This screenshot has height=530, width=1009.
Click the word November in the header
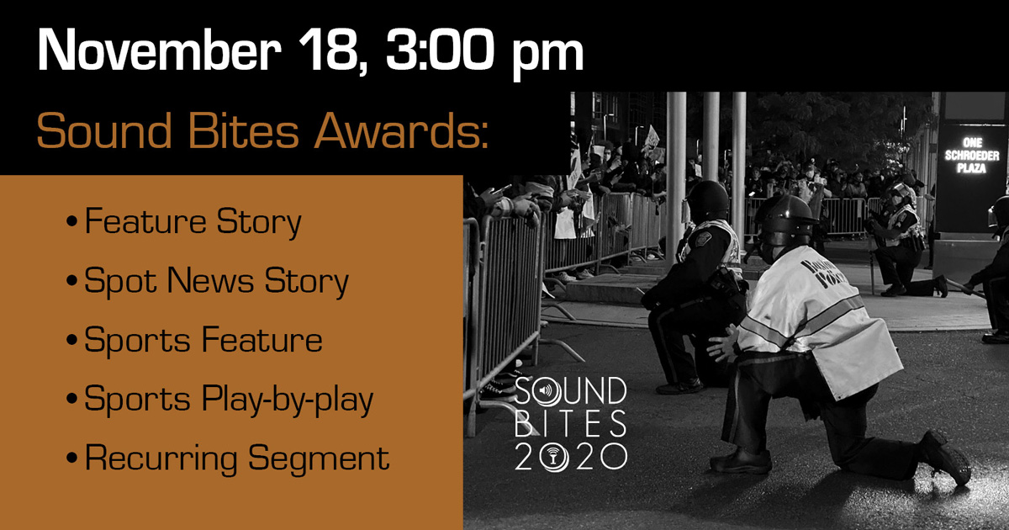coord(159,49)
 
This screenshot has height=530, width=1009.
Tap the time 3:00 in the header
coord(441,49)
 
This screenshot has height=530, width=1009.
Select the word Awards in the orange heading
coord(402,130)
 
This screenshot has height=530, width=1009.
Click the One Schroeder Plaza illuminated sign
coord(972,156)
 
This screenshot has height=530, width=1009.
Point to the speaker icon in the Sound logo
coord(546,390)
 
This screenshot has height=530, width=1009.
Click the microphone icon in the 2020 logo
coord(553,457)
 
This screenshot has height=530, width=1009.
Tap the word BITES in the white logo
coord(570,424)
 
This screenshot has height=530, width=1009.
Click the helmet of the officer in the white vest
coord(784,220)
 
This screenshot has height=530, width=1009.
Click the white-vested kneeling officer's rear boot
coord(945,457)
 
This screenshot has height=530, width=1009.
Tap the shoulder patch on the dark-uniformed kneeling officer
coord(703,239)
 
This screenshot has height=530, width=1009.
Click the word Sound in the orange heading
coord(104,130)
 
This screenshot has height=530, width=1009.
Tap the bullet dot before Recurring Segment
coord(71,458)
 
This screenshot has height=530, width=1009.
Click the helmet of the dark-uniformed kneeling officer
coord(707,199)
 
